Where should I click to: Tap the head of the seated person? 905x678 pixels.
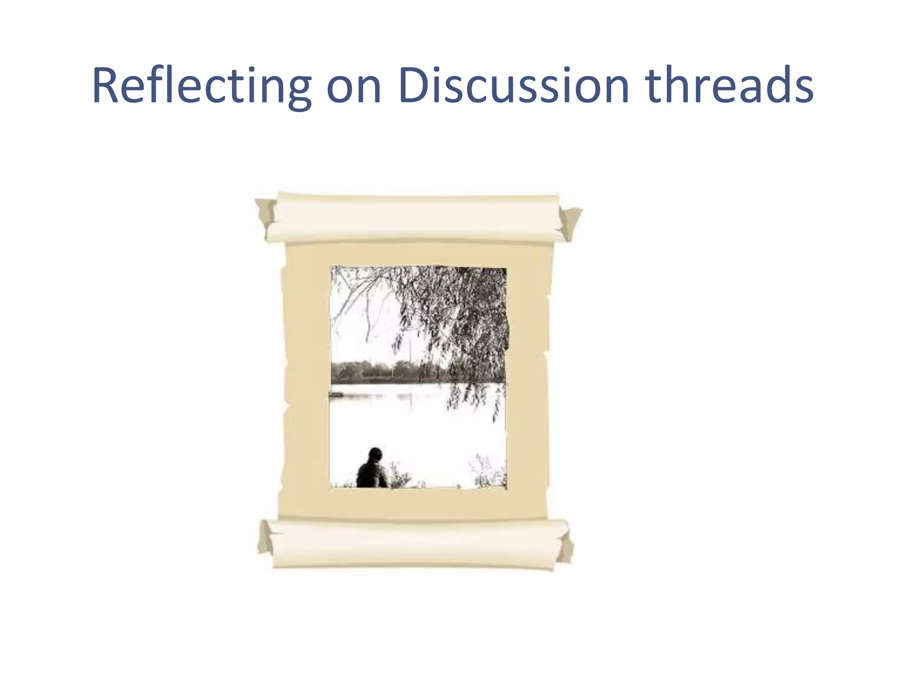pos(375,453)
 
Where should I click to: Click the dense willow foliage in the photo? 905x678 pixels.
pos(464,309)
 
